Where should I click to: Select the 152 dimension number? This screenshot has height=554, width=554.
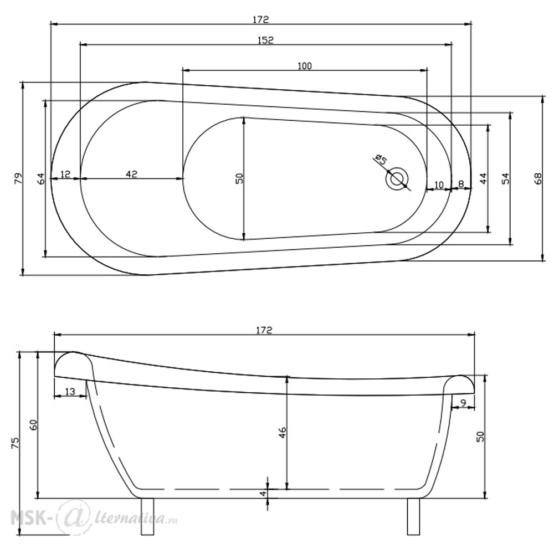coord(266,40)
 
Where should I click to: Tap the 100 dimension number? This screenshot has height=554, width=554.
coord(305,66)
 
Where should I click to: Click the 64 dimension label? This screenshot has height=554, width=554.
coord(42,178)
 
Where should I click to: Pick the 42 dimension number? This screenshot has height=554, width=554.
coord(131,174)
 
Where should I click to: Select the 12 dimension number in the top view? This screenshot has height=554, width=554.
coord(65,174)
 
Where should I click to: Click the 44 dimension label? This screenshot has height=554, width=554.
coord(483,178)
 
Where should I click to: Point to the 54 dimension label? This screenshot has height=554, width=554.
coord(506,178)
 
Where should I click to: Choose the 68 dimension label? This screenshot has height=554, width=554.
coord(537,178)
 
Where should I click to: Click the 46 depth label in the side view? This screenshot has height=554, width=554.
coord(283,433)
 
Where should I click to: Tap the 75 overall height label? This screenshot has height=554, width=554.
coord(16,442)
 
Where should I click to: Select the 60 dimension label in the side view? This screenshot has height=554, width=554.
coord(34,424)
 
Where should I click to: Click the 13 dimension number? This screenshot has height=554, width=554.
coord(70,392)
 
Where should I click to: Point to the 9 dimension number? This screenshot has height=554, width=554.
coord(464,402)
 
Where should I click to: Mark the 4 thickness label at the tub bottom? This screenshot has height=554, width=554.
coord(263,493)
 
